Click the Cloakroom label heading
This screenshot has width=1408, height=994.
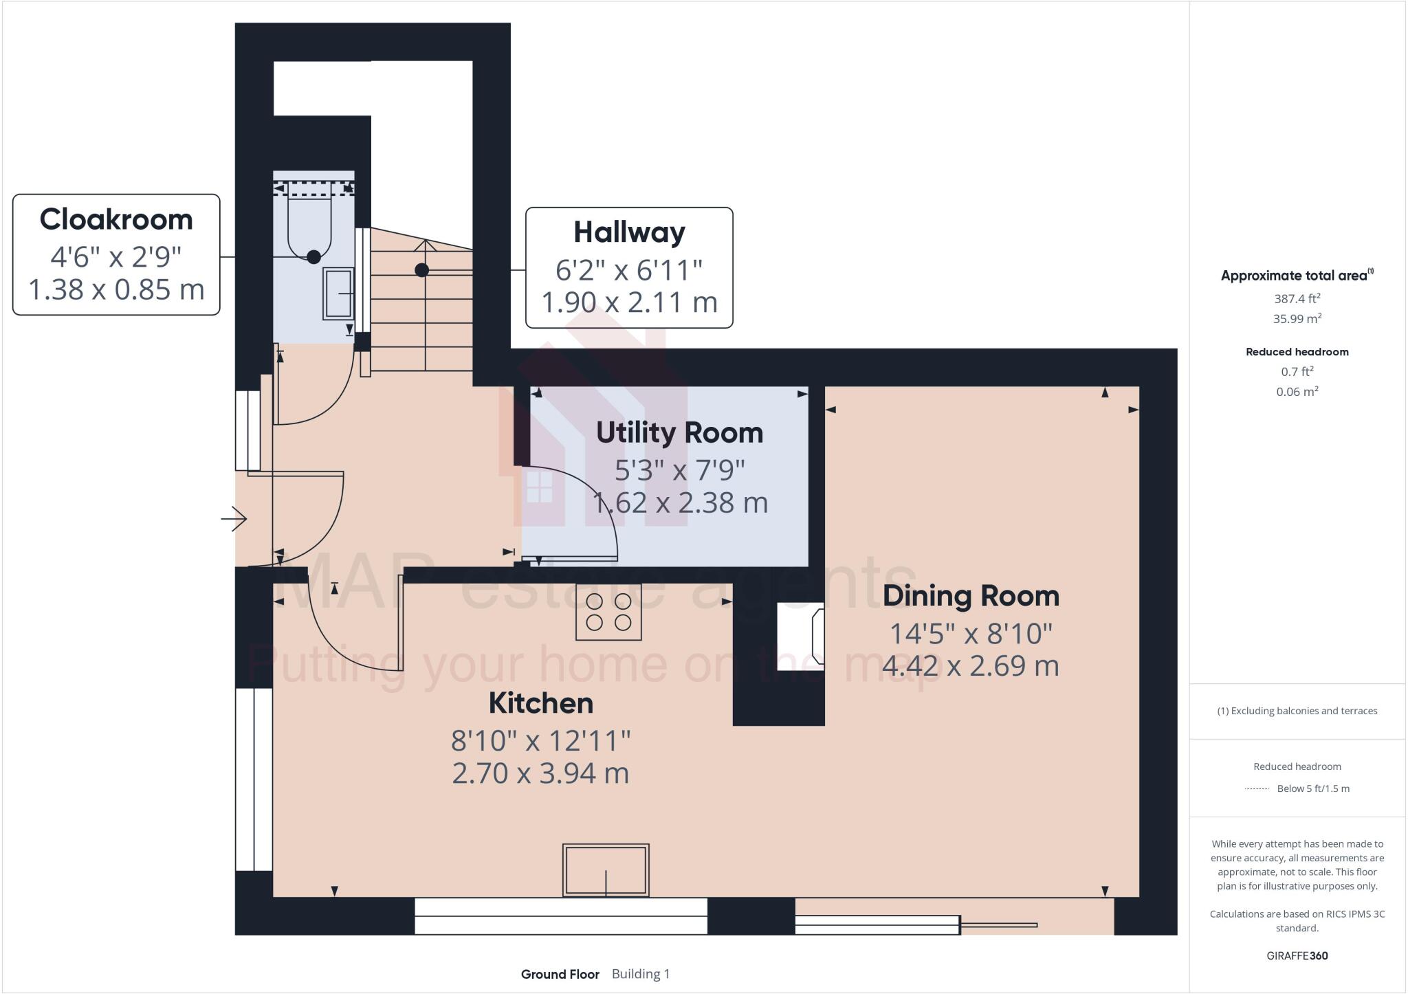click(x=116, y=220)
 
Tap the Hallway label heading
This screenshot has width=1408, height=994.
click(x=629, y=232)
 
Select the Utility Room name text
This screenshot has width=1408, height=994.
click(x=679, y=433)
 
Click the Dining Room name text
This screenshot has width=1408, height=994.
click(x=970, y=596)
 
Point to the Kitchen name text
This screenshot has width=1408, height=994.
click(x=540, y=703)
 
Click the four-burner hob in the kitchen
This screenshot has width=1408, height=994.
click(x=608, y=612)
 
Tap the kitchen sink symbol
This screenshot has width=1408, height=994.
click(x=606, y=870)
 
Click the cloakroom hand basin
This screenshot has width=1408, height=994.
click(x=338, y=294)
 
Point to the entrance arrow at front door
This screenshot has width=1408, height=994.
click(x=234, y=518)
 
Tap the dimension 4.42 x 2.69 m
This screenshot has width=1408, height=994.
click(x=970, y=665)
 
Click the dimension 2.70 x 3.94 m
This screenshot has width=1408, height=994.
click(x=540, y=773)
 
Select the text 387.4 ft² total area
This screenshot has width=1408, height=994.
click(x=1297, y=298)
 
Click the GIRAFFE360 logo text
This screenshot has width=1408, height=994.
click(x=1297, y=956)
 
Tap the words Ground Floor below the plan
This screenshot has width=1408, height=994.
click(x=560, y=974)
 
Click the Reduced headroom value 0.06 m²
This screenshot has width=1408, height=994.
click(x=1297, y=392)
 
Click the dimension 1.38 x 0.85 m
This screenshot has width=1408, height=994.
click(x=116, y=289)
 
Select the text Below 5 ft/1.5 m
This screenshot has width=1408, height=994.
click(x=1312, y=788)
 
